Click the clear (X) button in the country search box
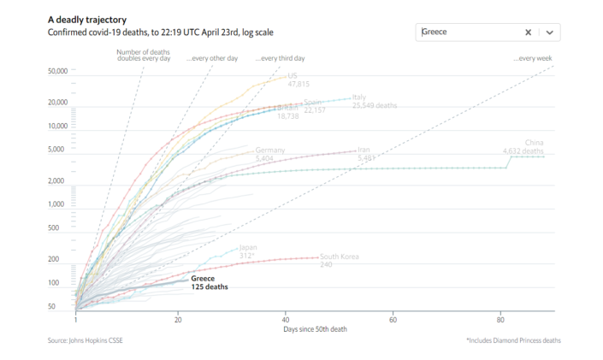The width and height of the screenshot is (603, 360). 529,32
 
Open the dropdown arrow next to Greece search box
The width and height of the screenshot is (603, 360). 550,32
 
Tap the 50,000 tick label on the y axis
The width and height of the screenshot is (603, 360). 58,72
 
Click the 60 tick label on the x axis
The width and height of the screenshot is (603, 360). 393,319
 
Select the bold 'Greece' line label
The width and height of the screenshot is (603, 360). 203,279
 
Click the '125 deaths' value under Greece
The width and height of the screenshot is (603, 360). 210,287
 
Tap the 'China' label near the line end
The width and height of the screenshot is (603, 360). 534,142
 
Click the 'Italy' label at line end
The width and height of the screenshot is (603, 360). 359,97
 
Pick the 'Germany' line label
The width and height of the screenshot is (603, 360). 270,150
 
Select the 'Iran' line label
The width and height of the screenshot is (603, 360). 364,150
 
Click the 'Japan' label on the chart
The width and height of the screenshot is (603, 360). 247,247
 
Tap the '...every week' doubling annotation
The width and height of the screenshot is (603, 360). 535,58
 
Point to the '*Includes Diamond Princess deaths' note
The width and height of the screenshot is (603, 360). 512,340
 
